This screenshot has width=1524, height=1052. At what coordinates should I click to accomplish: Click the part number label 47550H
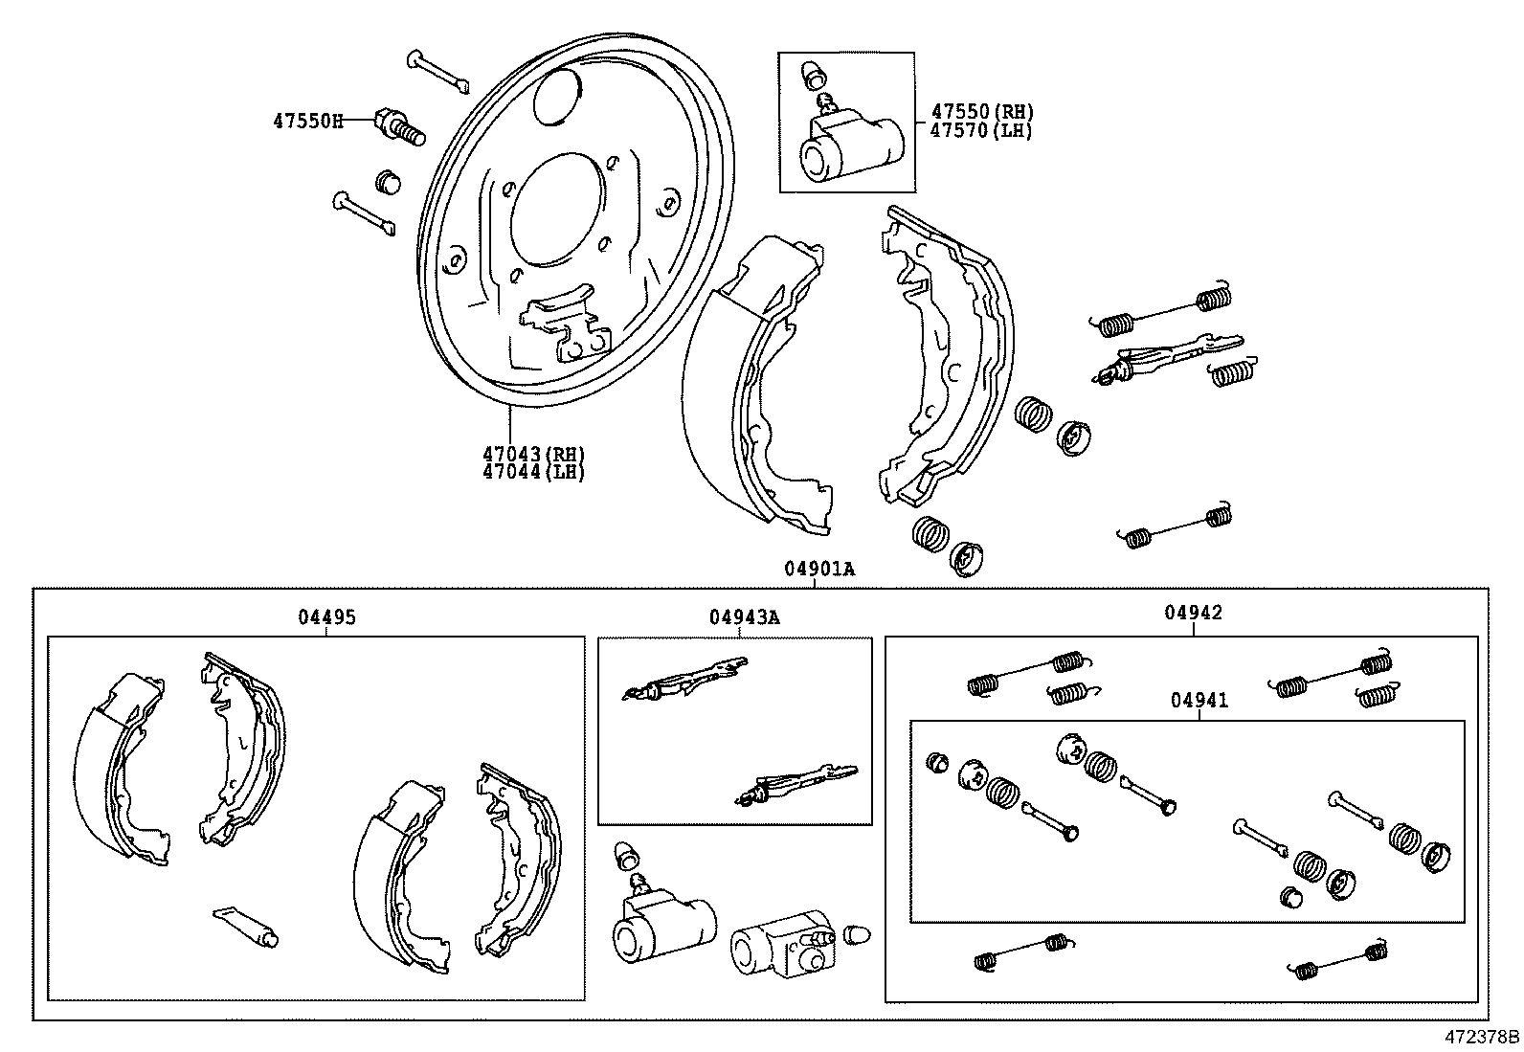[x=307, y=121]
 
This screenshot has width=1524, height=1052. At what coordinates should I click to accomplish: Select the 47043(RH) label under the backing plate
[x=532, y=454]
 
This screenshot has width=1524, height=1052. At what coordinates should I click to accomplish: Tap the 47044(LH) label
[x=532, y=471]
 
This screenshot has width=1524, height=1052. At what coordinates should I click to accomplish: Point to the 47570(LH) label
[x=981, y=130]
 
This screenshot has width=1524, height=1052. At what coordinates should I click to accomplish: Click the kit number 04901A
[x=819, y=569]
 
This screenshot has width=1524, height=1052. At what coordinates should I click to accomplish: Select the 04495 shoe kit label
[x=326, y=617]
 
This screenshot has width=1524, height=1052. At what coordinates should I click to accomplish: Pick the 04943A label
[x=744, y=617]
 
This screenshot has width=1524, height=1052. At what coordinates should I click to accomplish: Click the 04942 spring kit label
[x=1193, y=613]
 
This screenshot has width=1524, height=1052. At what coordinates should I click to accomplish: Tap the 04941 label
[x=1199, y=701]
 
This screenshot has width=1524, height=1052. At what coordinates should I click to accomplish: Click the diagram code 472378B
[x=1482, y=1037]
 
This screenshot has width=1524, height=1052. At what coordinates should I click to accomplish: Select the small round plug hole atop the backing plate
[x=558, y=96]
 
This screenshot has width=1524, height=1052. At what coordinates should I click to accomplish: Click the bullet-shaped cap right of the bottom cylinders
[x=856, y=934]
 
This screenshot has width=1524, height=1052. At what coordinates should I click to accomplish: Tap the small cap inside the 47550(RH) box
[x=814, y=72]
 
